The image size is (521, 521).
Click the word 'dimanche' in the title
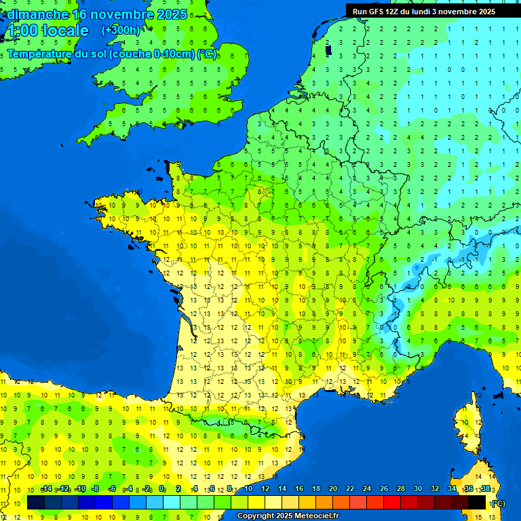point(37,14)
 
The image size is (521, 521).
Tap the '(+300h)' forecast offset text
point(121,30)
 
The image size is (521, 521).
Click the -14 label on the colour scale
point(46,489)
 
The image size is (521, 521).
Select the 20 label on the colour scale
point(332,489)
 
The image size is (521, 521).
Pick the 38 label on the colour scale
point(485,489)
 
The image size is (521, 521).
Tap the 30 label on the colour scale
point(417,489)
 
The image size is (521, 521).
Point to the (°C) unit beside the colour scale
point(498,503)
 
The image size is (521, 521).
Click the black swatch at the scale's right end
point(477,502)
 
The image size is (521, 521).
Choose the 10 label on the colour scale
point(248,489)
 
